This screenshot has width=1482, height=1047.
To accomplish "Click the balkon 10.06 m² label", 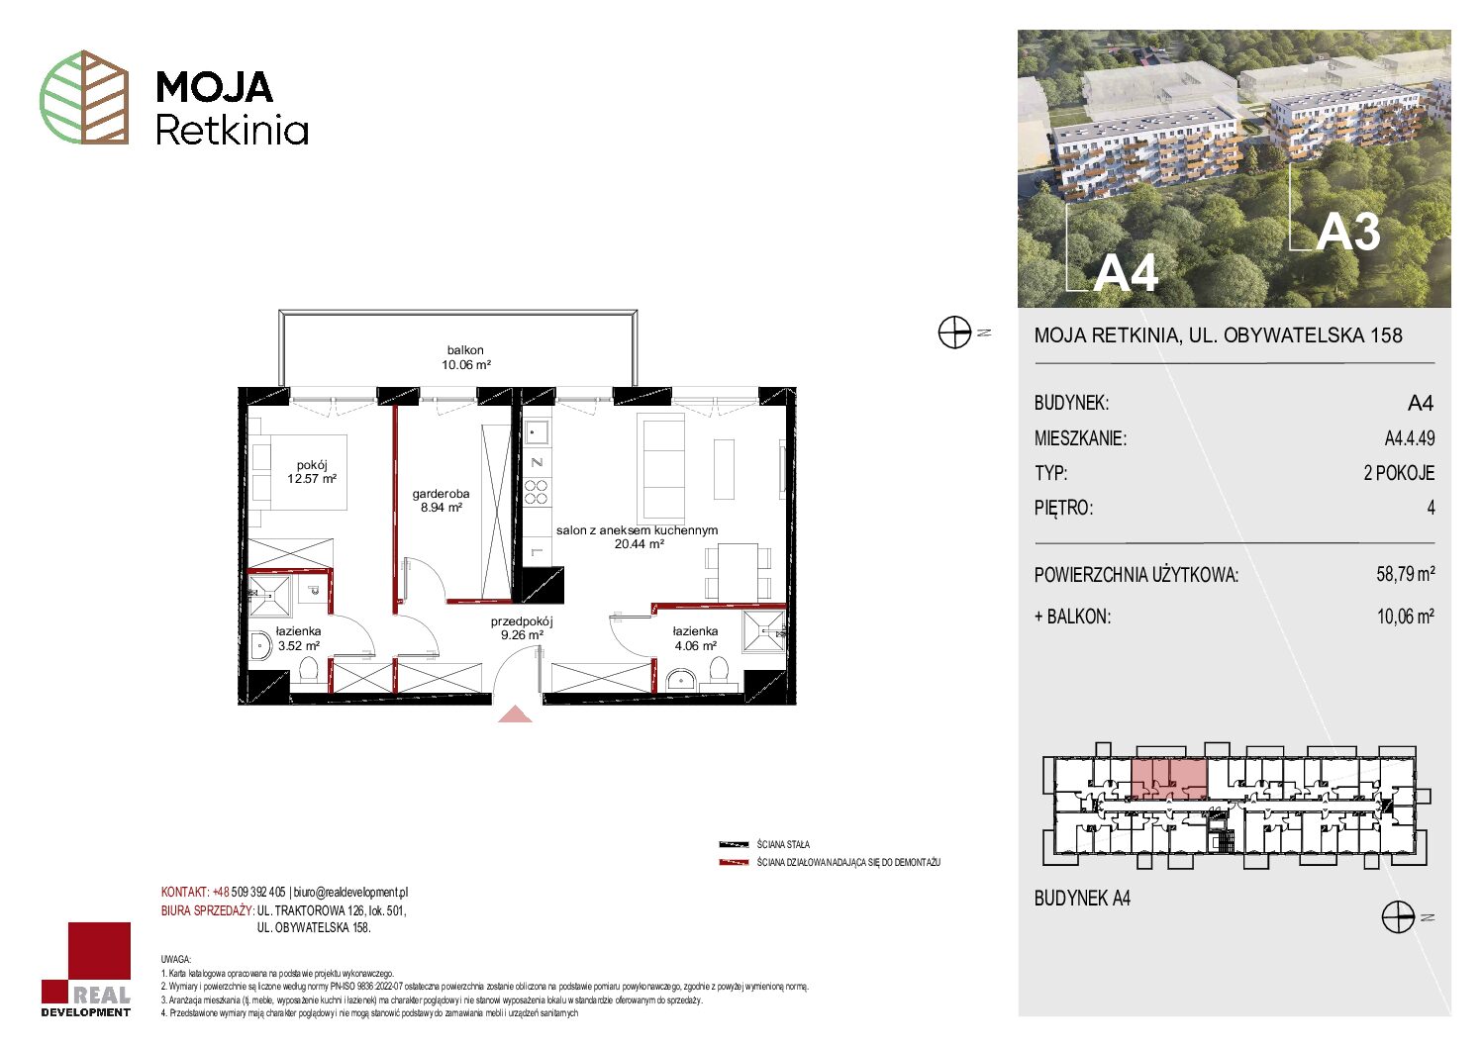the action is coord(465,357).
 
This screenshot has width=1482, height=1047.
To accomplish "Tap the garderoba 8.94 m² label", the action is coord(441,501).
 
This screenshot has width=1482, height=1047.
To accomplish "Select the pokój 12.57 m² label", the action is coord(312,472).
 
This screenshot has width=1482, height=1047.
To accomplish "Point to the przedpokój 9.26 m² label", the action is coord(522,628).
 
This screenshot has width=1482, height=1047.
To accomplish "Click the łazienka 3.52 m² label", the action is coord(298,638).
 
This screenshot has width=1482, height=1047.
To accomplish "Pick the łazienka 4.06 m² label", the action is coord(695,638).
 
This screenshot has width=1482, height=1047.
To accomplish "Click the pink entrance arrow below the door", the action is coord(515,714).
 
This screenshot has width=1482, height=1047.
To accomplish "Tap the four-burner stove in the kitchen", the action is coord(536,493).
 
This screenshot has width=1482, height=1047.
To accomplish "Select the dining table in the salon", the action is coord(738,573).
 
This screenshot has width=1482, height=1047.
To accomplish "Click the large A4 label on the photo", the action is coord(1125,272).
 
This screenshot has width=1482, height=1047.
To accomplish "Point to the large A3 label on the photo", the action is coord(1347,233).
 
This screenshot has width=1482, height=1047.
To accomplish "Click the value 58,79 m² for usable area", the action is coord(1405,574).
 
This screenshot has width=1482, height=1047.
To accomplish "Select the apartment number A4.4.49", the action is coord(1409,438).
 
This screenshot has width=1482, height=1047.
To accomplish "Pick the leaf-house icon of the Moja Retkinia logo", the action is coord(84,97).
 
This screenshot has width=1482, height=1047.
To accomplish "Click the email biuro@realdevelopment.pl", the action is coord(350,893).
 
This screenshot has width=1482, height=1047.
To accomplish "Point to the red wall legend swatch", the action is coord(734,863).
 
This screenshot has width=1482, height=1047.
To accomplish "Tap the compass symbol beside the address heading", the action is coord(954,333).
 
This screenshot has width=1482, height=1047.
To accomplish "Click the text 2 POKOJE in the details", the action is coord(1399,473).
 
